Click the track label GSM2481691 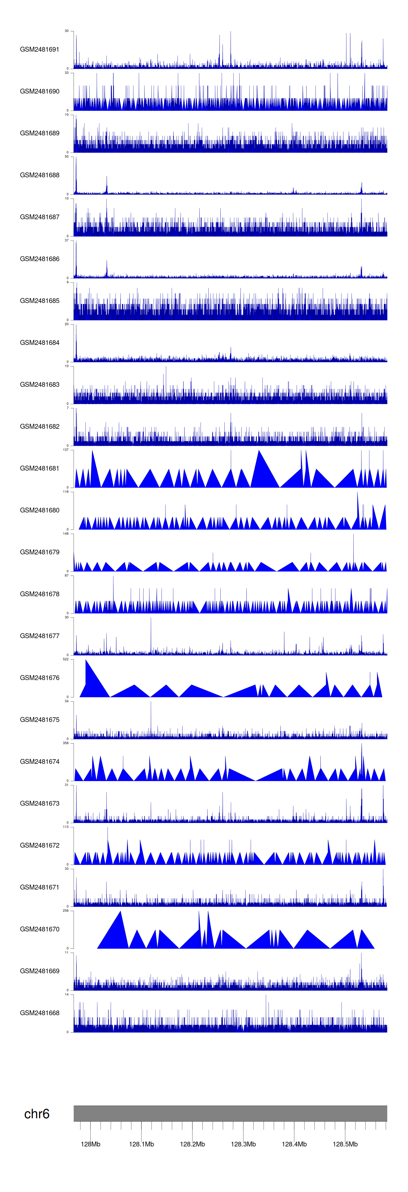tap(39, 50)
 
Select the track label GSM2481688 tap(39, 175)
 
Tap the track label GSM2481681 tap(39, 468)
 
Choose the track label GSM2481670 tap(39, 929)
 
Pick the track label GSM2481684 tap(39, 342)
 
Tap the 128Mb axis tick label tap(90, 1144)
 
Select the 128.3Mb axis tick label tap(243, 1144)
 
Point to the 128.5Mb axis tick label tap(345, 1144)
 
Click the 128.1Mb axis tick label tap(141, 1144)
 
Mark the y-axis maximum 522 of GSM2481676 tap(66, 659)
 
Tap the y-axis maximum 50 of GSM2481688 tap(67, 156)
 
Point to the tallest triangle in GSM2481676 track tap(86, 661)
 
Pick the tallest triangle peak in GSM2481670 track tap(121, 912)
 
